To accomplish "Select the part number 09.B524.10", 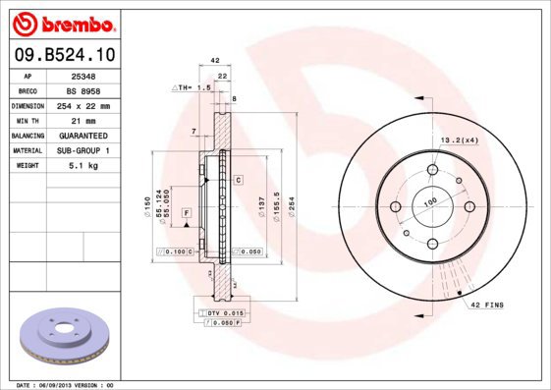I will tap(62, 55).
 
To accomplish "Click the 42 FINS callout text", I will tap(486, 306).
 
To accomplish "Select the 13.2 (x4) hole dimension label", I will tap(459, 139).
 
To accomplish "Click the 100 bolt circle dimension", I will tap(429, 200).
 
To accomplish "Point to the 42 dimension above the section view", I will tap(214, 60).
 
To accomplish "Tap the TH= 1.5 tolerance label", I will tap(193, 87).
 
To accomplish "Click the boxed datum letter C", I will tap(238, 180).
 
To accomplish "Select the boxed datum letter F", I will tap(186, 211).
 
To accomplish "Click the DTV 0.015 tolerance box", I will tap(224, 311).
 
